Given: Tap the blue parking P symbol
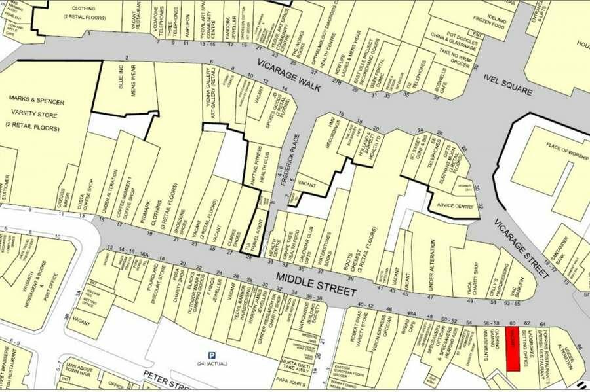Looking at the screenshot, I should pos(212,354).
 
